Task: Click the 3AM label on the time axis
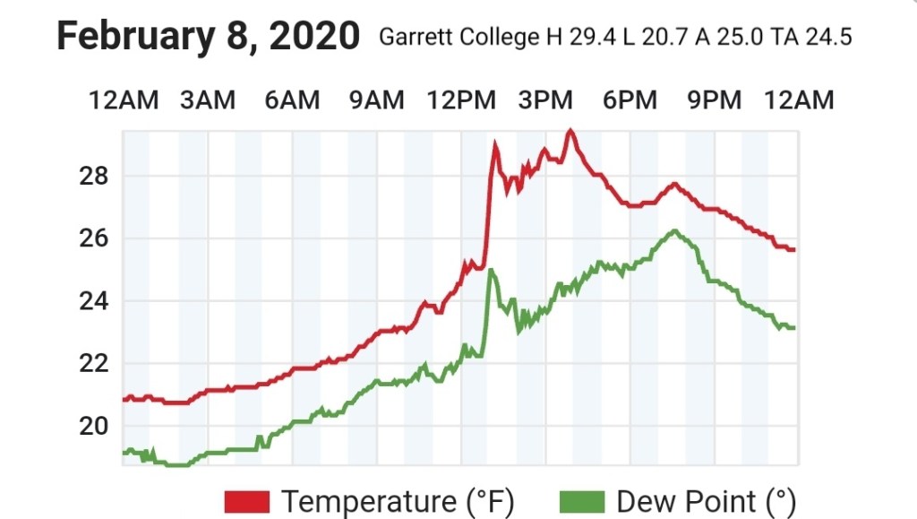pos(208,99)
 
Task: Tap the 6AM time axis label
pos(292,99)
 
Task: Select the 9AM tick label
pos(376,99)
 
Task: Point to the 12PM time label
pos(461,99)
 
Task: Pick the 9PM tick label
pos(715,99)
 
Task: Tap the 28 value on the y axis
pos(95,176)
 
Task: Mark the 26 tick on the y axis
pos(95,238)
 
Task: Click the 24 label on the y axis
pos(95,301)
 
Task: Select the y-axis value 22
pos(95,364)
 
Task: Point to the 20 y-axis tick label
pos(95,427)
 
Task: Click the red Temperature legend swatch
pos(247,501)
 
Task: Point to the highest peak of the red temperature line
pos(570,132)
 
